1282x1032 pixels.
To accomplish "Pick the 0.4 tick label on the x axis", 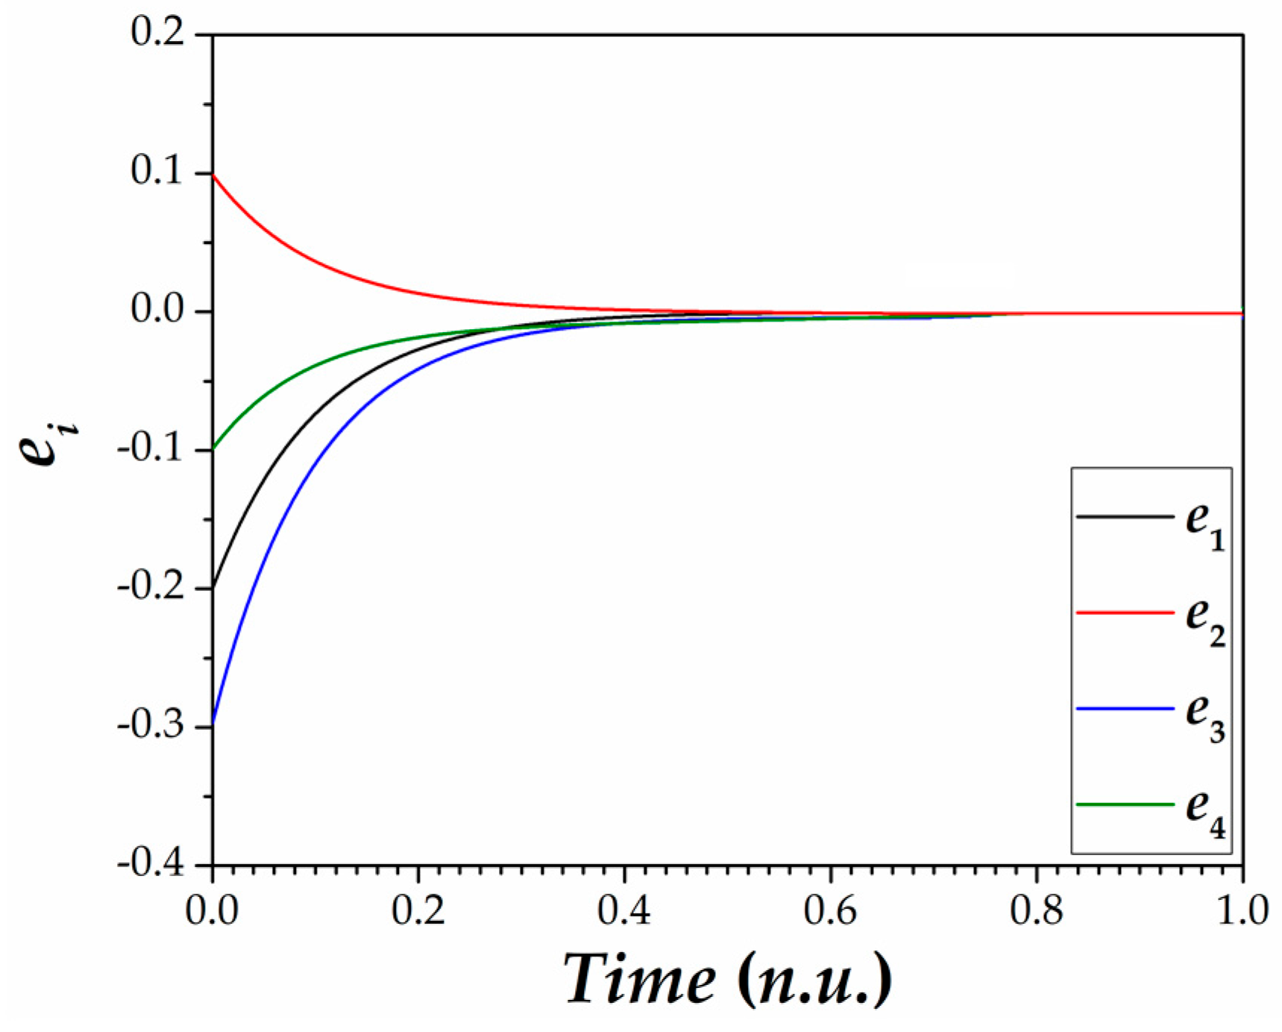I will tap(625, 912).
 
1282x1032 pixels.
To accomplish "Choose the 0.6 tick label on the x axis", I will tap(831, 912).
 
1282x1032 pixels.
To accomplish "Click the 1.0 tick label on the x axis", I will tap(1242, 912).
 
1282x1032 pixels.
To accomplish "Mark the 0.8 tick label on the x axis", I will tap(1037, 912).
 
